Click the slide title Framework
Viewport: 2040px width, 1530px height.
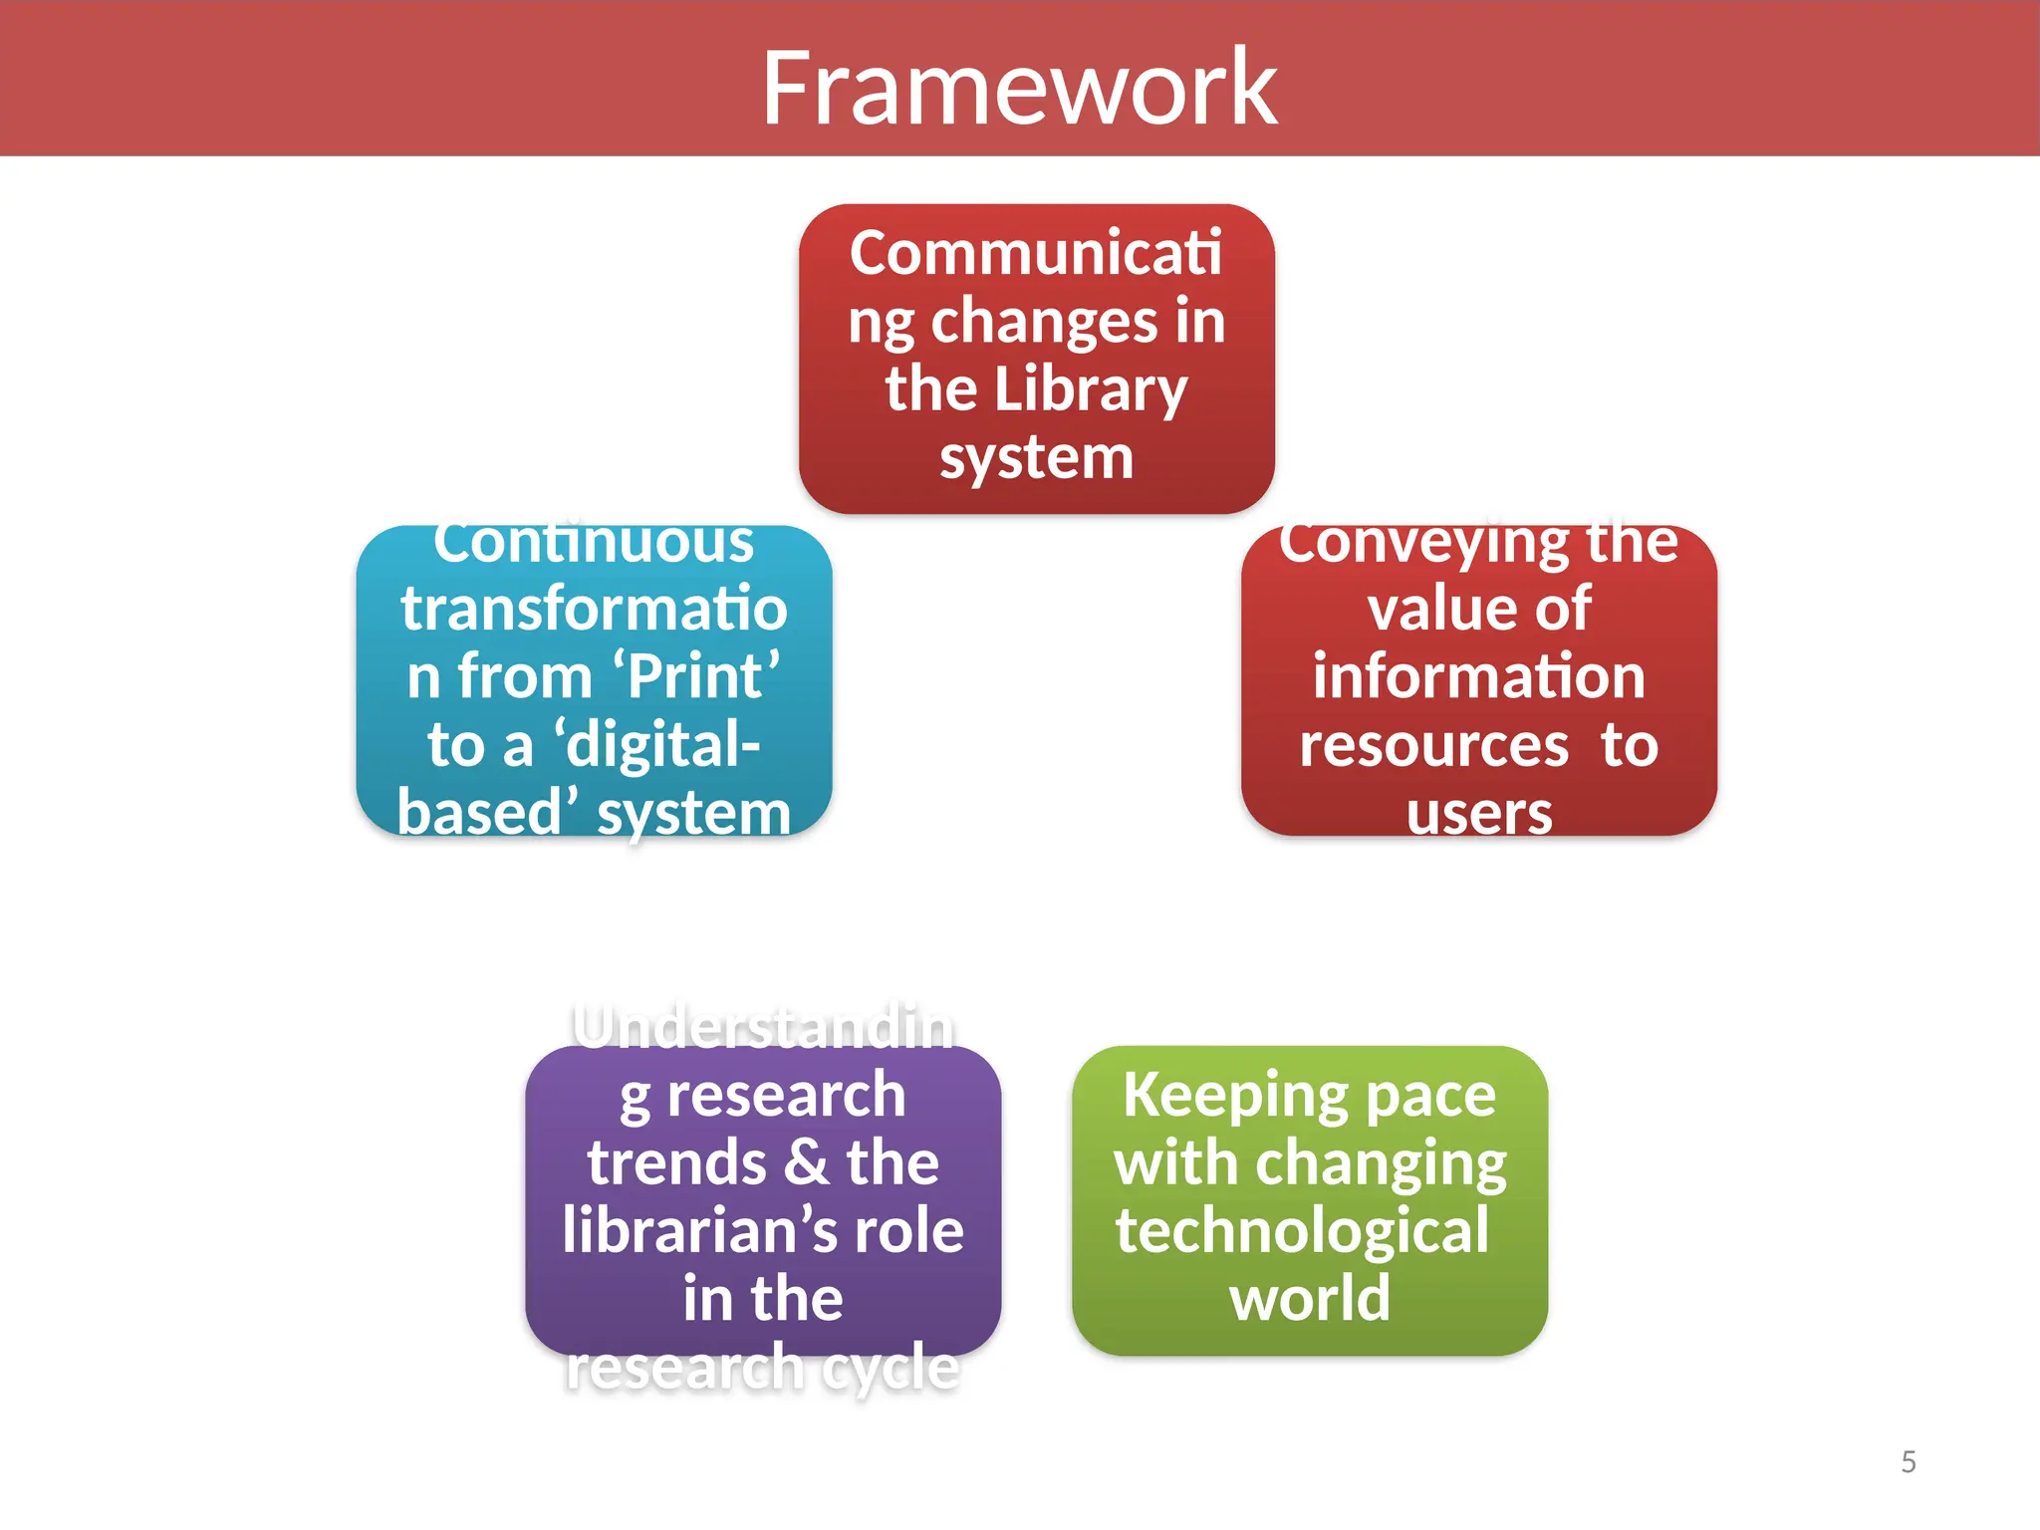tap(1019, 89)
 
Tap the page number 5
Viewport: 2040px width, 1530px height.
tap(1909, 1461)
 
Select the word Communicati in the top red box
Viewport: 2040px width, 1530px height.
tap(1036, 252)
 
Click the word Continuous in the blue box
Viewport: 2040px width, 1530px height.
tap(594, 543)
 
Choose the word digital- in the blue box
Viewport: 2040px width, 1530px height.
tap(662, 745)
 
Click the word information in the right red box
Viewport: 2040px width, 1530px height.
tap(1479, 676)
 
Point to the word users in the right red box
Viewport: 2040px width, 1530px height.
tap(1479, 813)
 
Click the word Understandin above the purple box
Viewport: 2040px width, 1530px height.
tap(763, 1027)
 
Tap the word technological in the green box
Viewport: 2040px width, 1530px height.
tap(1302, 1230)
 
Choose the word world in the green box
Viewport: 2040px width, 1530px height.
tap(1310, 1299)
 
